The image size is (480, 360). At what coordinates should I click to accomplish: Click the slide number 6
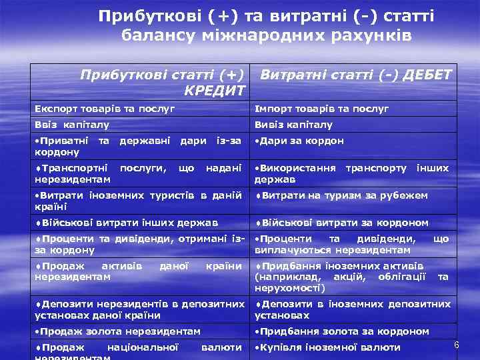coord(457,345)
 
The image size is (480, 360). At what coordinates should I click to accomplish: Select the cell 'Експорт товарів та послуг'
coord(105,108)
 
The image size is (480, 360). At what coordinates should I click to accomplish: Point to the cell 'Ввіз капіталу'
coord(72,125)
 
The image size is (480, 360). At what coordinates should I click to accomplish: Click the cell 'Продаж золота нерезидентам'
coord(117,331)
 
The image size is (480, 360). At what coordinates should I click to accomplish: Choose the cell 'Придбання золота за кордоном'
coord(342,331)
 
